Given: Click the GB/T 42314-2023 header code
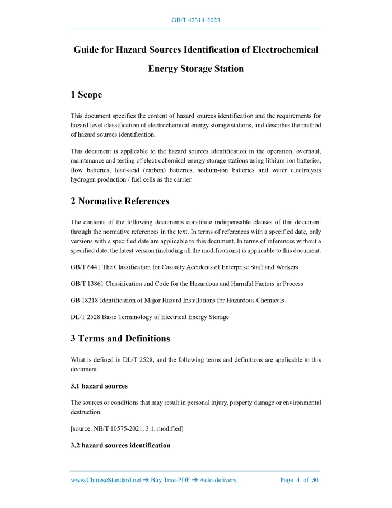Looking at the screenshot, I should point(195,20).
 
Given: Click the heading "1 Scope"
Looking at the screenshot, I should point(86,95).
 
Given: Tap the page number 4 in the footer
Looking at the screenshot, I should point(298,480).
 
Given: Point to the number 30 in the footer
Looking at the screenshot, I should point(315,480).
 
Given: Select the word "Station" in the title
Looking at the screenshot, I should point(227,69).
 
